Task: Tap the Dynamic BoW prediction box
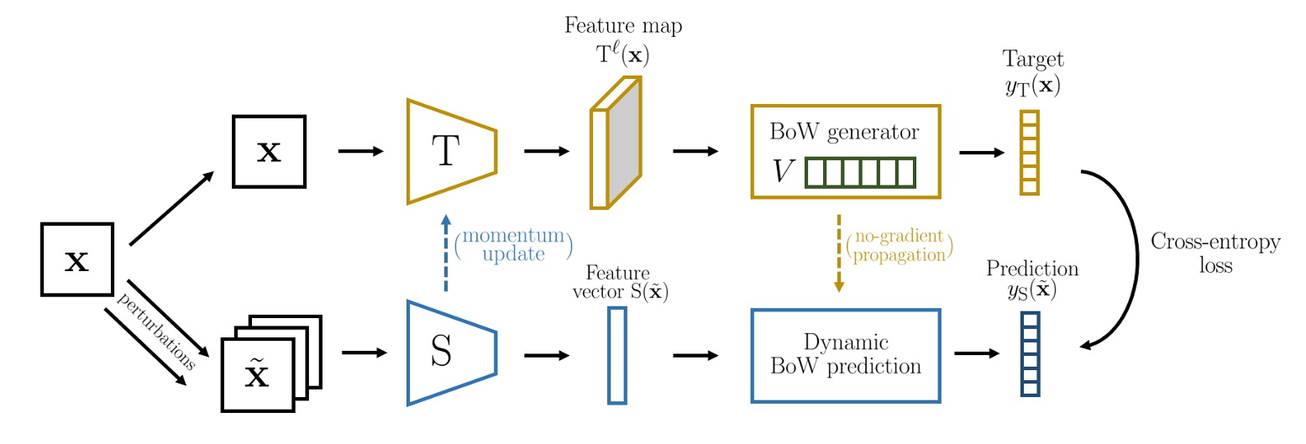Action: click(845, 354)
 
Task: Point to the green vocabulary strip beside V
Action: click(859, 173)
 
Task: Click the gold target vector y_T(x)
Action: click(1029, 153)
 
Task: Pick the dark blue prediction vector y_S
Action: click(1030, 353)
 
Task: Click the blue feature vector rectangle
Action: click(616, 354)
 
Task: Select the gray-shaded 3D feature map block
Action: click(624, 143)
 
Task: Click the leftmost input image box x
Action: click(77, 259)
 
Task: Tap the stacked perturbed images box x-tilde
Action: click(259, 374)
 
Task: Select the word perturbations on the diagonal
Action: click(157, 331)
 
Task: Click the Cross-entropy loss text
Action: click(1214, 253)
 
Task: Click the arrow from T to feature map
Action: click(546, 152)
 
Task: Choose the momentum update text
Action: click(512, 244)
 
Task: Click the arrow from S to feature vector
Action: click(546, 355)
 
